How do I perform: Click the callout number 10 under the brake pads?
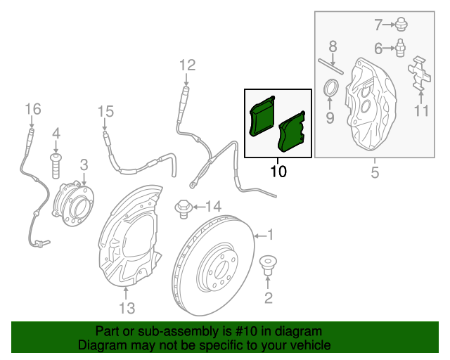[278, 172]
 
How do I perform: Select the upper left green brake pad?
[262, 116]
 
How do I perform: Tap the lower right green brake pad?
[292, 131]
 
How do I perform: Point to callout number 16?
[33, 109]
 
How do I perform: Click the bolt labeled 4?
[56, 166]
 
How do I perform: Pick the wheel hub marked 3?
[73, 203]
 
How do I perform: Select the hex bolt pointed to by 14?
[183, 209]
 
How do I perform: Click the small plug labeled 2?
[268, 266]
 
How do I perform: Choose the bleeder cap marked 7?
[401, 25]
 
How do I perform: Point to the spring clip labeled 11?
[419, 74]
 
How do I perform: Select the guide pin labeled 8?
[330, 67]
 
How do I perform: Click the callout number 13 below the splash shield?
[127, 308]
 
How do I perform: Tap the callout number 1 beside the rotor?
[270, 235]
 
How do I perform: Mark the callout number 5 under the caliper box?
[375, 172]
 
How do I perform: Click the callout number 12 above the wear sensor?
[188, 65]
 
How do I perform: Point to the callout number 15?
[105, 111]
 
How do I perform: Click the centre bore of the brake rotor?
[221, 270]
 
